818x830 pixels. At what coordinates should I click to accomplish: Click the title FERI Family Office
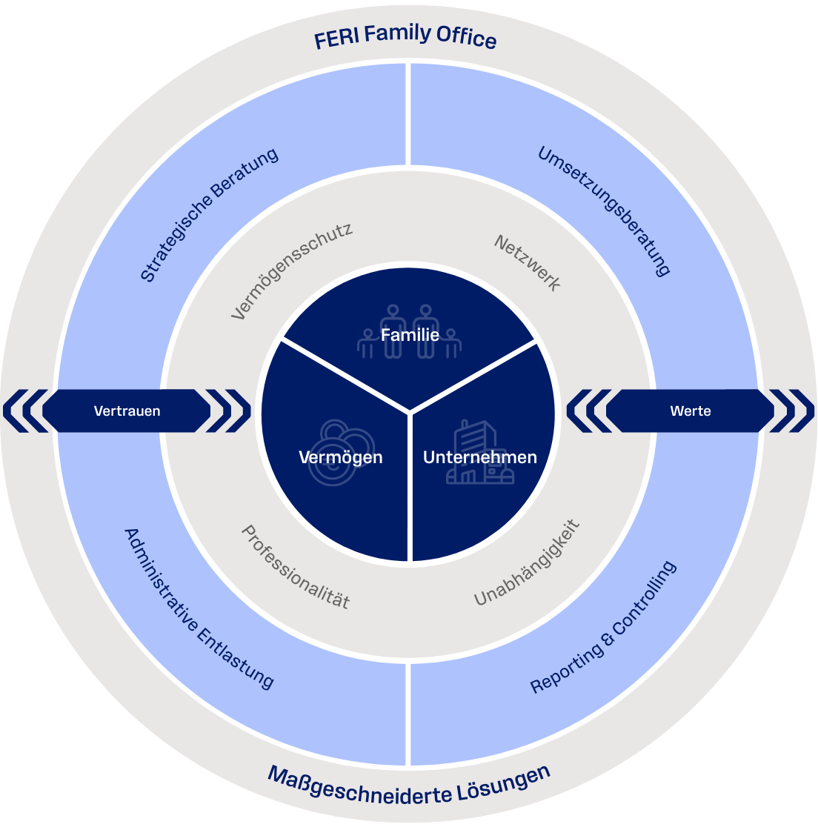[x=405, y=38]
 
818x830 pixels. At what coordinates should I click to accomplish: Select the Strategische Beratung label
[x=209, y=214]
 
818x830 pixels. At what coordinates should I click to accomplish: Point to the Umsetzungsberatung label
[x=604, y=211]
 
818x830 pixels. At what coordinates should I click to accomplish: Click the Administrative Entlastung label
[x=199, y=608]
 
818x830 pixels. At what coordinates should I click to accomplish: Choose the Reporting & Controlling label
[x=604, y=627]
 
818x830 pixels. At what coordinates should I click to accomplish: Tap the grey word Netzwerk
[x=528, y=263]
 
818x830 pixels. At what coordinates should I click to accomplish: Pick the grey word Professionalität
[x=295, y=567]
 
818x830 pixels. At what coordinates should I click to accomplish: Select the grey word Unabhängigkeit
[x=527, y=563]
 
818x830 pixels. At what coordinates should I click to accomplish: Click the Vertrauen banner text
[x=127, y=411]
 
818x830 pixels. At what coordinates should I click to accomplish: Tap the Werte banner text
[x=691, y=411]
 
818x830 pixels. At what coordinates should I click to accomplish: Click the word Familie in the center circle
[x=410, y=335]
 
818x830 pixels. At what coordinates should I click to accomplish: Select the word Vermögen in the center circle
[x=340, y=457]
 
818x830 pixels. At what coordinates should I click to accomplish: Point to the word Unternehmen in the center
[x=479, y=457]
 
